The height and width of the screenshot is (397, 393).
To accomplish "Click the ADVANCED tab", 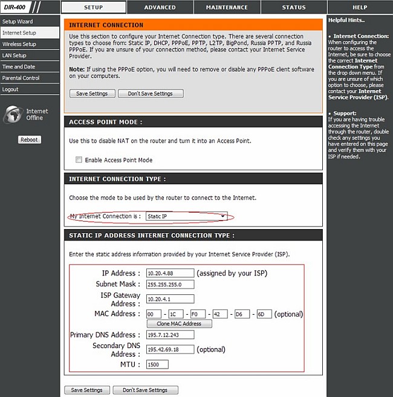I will point(160,7).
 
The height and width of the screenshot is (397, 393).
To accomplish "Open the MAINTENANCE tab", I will point(226,7).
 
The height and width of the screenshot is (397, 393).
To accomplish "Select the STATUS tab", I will point(294,7).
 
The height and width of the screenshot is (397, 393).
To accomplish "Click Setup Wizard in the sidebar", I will point(18,22).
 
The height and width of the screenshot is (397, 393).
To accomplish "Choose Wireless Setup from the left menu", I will point(19,44).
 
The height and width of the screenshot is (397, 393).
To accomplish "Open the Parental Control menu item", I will point(21,78).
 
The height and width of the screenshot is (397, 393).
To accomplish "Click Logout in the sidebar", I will point(10,89).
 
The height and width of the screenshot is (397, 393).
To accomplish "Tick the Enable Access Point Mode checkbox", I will point(79,160).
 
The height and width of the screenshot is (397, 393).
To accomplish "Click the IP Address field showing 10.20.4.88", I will point(170,273).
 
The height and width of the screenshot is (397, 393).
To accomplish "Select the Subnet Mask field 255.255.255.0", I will point(170,284).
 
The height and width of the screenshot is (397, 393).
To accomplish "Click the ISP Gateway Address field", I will point(170,299).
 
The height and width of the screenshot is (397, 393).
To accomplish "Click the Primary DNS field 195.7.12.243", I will point(170,335).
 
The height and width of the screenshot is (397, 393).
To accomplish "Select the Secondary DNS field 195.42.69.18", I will point(170,349).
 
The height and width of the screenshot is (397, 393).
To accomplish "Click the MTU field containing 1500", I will point(157,364).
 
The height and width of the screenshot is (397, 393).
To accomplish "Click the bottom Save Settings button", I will point(87,390).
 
